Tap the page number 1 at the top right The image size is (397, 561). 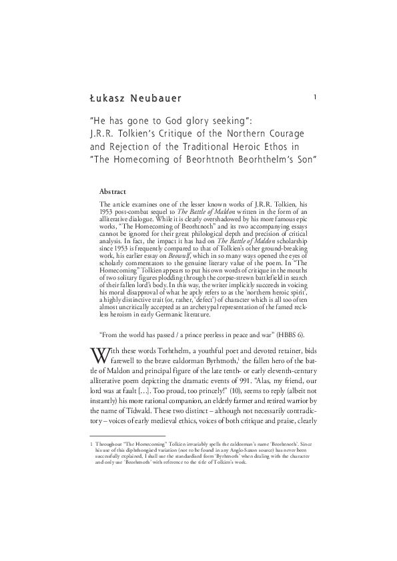tap(314, 97)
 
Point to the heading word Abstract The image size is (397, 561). tap(113, 191)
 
